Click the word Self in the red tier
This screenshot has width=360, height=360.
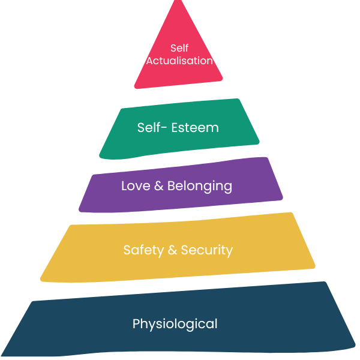179,47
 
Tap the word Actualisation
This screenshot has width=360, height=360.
179,61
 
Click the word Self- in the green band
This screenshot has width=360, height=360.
152,127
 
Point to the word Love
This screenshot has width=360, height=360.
136,186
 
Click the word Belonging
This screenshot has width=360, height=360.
200,187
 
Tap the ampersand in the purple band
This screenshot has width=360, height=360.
159,186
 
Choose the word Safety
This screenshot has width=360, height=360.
143,250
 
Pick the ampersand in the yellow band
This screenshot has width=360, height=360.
172,250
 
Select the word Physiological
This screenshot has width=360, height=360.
175,325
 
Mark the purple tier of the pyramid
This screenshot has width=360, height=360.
288,192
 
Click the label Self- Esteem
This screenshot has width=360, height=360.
178,127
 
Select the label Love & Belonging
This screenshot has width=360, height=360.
176,186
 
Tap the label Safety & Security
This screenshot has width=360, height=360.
178,250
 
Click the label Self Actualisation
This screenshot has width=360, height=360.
179,54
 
